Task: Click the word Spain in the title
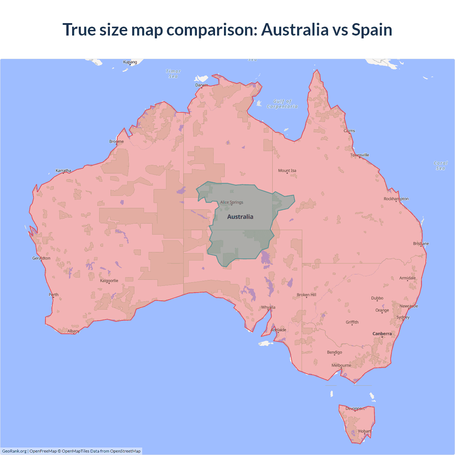(x=372, y=30)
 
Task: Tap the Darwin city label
(x=202, y=85)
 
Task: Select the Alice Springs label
(x=232, y=202)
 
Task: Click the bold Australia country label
(x=240, y=217)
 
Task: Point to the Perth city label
(x=54, y=295)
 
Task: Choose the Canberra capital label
(x=382, y=334)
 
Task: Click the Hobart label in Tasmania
(x=364, y=431)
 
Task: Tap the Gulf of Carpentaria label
(x=282, y=104)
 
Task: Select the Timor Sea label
(x=173, y=74)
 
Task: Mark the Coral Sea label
(x=440, y=166)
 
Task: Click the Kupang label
(x=130, y=62)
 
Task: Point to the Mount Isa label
(x=287, y=171)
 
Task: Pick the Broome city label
(x=117, y=141)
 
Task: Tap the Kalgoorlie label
(x=109, y=281)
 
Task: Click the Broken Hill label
(x=306, y=295)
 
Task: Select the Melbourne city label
(x=341, y=365)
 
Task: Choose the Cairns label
(x=349, y=131)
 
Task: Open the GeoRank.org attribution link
(x=14, y=451)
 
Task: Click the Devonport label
(x=355, y=408)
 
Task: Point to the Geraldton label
(x=41, y=258)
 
